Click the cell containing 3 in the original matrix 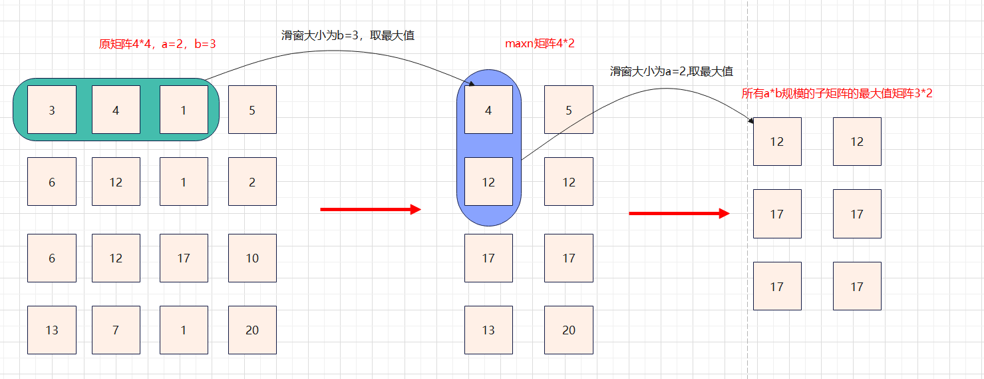(x=52, y=110)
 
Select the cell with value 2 (x=252, y=182)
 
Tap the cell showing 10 (x=252, y=258)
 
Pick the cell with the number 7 (x=116, y=330)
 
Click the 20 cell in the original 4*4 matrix (x=252, y=330)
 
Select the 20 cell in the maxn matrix (x=568, y=330)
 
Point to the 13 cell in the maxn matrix (x=488, y=330)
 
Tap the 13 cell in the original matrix (x=52, y=330)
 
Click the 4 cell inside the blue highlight (x=488, y=110)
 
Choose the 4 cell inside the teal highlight (x=116, y=110)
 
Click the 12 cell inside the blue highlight (x=488, y=182)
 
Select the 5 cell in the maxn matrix (x=568, y=110)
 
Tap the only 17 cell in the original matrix (x=184, y=258)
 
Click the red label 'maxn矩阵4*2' (x=540, y=44)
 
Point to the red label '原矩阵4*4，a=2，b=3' (x=157, y=44)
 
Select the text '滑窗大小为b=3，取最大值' (x=348, y=36)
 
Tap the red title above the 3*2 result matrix (x=836, y=94)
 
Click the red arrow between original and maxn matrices (x=371, y=210)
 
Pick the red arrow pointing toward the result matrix (x=679, y=214)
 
